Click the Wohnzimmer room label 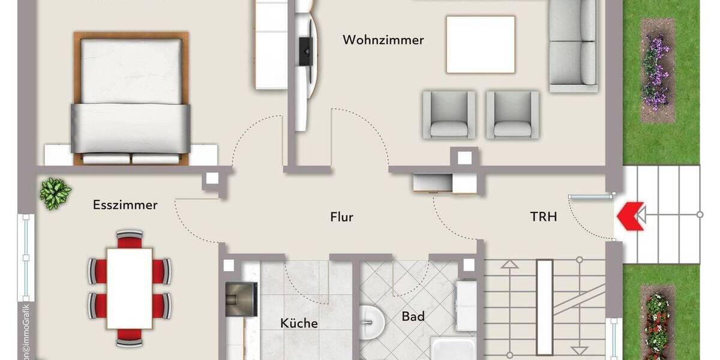(x=383, y=40)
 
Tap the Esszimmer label (x=125, y=205)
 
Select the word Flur (x=341, y=217)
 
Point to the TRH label (x=544, y=217)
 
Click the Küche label (x=299, y=323)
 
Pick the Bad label (x=413, y=316)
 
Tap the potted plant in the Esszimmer (x=55, y=193)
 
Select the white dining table (x=129, y=287)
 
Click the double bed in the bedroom (x=131, y=96)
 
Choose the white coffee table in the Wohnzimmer (x=480, y=44)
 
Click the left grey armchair (x=449, y=115)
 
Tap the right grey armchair (x=512, y=115)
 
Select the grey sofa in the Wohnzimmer (x=573, y=45)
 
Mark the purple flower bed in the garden (x=656, y=69)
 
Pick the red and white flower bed (x=657, y=321)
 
